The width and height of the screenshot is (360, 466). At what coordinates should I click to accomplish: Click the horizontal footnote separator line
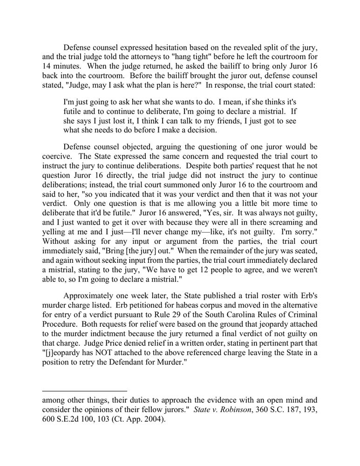[x=84, y=391]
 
